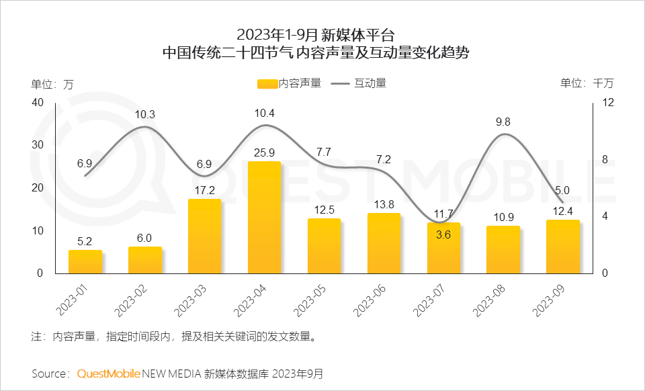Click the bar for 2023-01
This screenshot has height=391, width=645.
click(85, 261)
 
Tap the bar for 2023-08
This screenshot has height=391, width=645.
click(503, 249)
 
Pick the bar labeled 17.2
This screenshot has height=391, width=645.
click(204, 236)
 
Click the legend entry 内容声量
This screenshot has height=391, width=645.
click(290, 83)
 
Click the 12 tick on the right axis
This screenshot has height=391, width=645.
click(608, 102)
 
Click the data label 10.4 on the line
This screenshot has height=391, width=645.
click(264, 113)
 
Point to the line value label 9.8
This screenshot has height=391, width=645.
click(503, 122)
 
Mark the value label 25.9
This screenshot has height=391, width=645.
click(264, 153)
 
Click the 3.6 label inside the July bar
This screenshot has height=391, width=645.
click(443, 235)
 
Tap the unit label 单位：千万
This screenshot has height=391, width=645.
click(587, 83)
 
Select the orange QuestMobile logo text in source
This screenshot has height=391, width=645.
click(108, 374)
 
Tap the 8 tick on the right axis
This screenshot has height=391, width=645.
click(605, 159)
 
